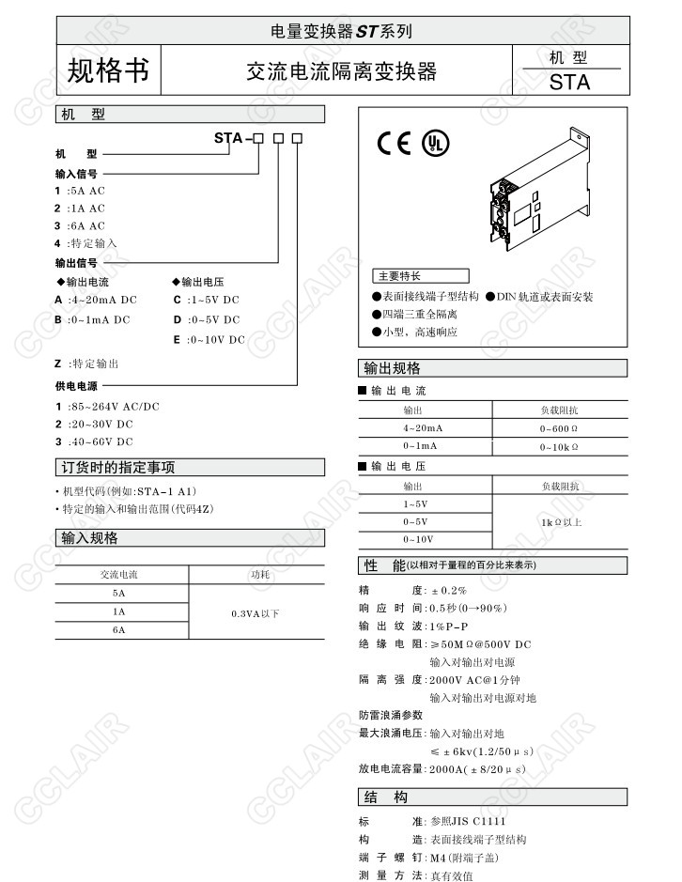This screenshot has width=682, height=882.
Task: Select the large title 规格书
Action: point(108,70)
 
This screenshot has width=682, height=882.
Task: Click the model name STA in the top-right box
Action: point(570,82)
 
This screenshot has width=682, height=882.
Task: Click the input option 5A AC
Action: point(85,191)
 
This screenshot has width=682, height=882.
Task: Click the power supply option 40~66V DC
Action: point(101,441)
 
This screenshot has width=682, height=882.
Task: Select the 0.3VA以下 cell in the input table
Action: point(256,613)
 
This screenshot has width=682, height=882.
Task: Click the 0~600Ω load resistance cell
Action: point(559,428)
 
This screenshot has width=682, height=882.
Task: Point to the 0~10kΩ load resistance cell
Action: point(559,446)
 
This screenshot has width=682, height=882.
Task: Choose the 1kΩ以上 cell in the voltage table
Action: point(561,521)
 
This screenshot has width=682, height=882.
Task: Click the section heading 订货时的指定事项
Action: point(119,468)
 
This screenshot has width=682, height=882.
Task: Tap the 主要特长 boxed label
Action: point(400,276)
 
